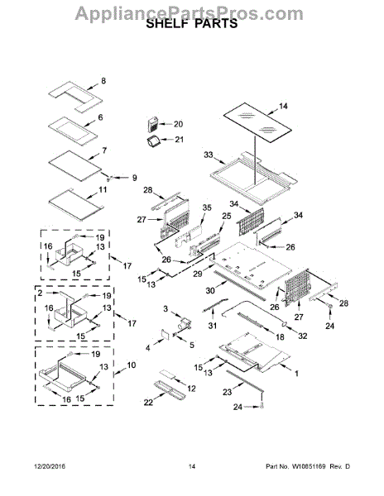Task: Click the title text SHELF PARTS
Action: click(x=191, y=25)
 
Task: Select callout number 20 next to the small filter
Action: click(x=177, y=124)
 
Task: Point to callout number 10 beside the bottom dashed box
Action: click(x=131, y=365)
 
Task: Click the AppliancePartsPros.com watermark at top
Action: click(x=191, y=10)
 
